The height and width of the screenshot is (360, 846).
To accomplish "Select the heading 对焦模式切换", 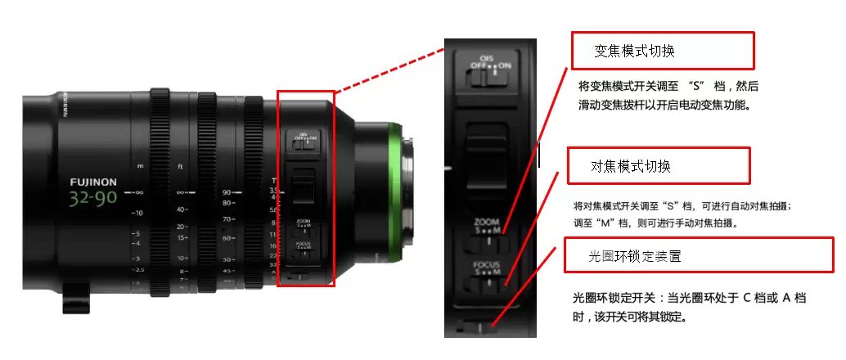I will pyautogui.click(x=631, y=166).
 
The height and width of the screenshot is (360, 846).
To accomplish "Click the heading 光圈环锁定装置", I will pyautogui.click(x=635, y=256).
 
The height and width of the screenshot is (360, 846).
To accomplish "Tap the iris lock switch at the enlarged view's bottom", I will pyautogui.click(x=475, y=328).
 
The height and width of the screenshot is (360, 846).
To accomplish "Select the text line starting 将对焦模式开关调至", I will pyautogui.click(x=682, y=206).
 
